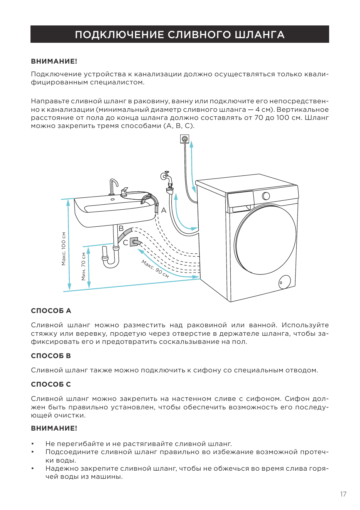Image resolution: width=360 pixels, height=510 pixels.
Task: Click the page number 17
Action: pyautogui.click(x=343, y=494)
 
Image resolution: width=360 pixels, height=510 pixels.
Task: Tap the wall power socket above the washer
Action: pyautogui.click(x=184, y=138)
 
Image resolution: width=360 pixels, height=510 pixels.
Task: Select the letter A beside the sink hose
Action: pyautogui.click(x=164, y=210)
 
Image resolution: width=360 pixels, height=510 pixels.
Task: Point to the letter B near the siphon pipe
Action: pyautogui.click(x=121, y=228)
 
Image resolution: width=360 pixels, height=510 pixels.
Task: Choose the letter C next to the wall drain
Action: pyautogui.click(x=125, y=243)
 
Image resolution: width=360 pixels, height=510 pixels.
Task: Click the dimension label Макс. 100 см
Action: pyautogui.click(x=64, y=249)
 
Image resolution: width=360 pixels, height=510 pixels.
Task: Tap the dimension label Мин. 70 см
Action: pyautogui.click(x=83, y=266)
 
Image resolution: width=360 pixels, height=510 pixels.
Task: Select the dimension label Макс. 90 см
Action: pyautogui.click(x=155, y=269)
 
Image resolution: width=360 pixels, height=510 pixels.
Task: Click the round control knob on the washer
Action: pyautogui.click(x=266, y=196)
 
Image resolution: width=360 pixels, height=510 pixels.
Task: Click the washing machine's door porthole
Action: pyautogui.click(x=266, y=240)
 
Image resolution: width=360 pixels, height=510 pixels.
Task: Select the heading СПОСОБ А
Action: pyautogui.click(x=51, y=311)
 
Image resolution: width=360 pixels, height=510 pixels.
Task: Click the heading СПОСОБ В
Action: pyautogui.click(x=51, y=356)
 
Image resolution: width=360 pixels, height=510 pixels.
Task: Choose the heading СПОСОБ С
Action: pyautogui.click(x=51, y=384)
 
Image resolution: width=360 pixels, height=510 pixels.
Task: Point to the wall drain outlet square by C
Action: pyautogui.click(x=134, y=242)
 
